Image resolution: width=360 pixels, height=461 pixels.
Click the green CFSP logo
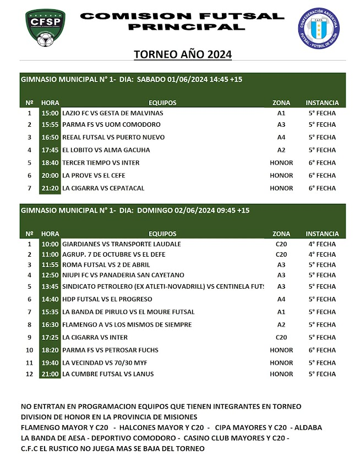click(x=47, y=29)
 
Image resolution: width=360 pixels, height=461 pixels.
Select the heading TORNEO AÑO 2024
click(x=183, y=55)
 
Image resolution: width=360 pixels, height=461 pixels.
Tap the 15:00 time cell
click(x=50, y=113)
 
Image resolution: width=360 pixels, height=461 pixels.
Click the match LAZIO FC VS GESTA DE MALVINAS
click(x=112, y=113)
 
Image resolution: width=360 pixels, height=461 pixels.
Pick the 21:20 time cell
click(x=50, y=188)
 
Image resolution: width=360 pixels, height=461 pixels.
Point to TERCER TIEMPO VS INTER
click(x=101, y=163)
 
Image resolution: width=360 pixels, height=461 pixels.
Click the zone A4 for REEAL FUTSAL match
click(x=281, y=138)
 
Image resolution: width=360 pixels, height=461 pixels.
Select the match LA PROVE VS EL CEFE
click(x=94, y=176)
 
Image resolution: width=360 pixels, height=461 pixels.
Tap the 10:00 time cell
click(x=50, y=244)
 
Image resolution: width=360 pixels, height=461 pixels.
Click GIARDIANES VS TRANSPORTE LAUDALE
click(x=122, y=244)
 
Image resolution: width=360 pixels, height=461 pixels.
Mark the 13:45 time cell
click(x=50, y=286)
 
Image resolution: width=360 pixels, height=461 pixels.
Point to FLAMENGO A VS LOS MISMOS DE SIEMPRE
click(x=127, y=325)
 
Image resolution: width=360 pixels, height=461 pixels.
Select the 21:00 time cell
click(x=50, y=375)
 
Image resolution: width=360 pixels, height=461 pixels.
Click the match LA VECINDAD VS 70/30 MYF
click(x=100, y=363)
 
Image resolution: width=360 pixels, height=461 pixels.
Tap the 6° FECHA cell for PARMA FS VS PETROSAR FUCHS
click(x=322, y=350)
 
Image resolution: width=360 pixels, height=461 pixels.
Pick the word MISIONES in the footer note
click(x=178, y=417)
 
